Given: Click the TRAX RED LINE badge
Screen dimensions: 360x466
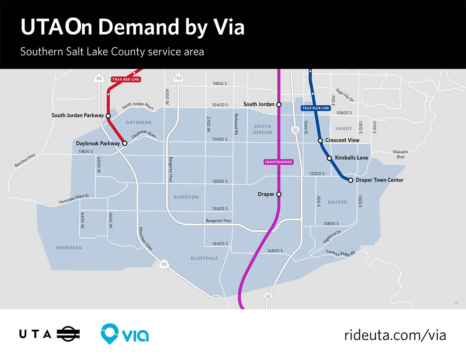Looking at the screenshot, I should pyautogui.click(x=126, y=79).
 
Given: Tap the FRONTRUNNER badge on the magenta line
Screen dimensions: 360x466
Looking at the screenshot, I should pyautogui.click(x=278, y=162).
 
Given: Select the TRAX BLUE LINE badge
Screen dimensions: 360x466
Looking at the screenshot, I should pyautogui.click(x=316, y=108).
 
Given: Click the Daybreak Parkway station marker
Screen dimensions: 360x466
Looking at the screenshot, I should pyautogui.click(x=125, y=143).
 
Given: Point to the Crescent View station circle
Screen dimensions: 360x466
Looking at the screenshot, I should pyautogui.click(x=320, y=141).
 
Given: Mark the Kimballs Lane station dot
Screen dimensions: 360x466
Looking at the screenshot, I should pyautogui.click(x=329, y=158).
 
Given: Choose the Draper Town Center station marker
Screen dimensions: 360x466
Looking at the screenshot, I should pyautogui.click(x=350, y=180).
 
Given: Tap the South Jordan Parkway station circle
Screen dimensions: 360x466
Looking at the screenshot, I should pyautogui.click(x=108, y=116).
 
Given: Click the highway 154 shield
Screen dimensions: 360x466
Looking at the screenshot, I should pyautogui.click(x=178, y=78).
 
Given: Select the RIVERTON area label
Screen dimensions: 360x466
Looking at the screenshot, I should pyautogui.click(x=186, y=197).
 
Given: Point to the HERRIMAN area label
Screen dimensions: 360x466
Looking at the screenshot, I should pyautogui.click(x=69, y=248).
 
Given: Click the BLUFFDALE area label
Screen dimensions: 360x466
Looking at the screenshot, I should pyautogui.click(x=204, y=258).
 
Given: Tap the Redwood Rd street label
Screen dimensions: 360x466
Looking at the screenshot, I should pyautogui.click(x=236, y=124).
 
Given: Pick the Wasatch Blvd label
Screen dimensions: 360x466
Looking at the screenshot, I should pyautogui.click(x=400, y=154).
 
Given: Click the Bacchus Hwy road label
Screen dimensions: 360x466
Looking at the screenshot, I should pyautogui.click(x=25, y=160).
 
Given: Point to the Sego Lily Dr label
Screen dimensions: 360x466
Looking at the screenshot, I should pyautogui.click(x=345, y=95).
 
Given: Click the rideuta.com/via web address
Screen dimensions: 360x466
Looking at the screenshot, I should pyautogui.click(x=395, y=335).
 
